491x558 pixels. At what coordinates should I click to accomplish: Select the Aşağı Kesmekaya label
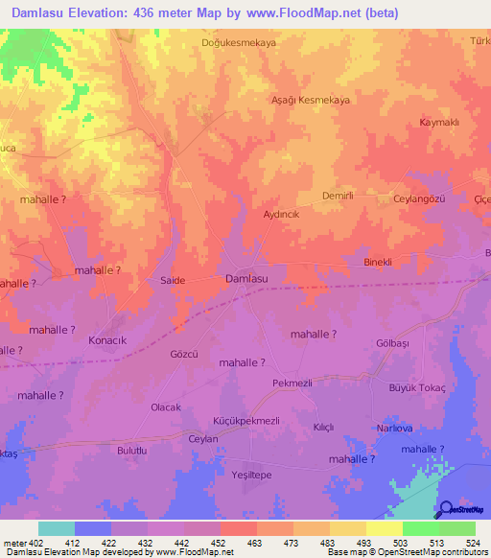click(x=309, y=100)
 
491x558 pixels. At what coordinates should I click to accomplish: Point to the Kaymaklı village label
click(x=440, y=123)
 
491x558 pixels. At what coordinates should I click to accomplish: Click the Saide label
click(x=172, y=280)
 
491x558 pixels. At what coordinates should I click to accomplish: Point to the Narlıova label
click(x=394, y=428)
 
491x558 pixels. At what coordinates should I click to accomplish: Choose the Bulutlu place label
click(x=135, y=450)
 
